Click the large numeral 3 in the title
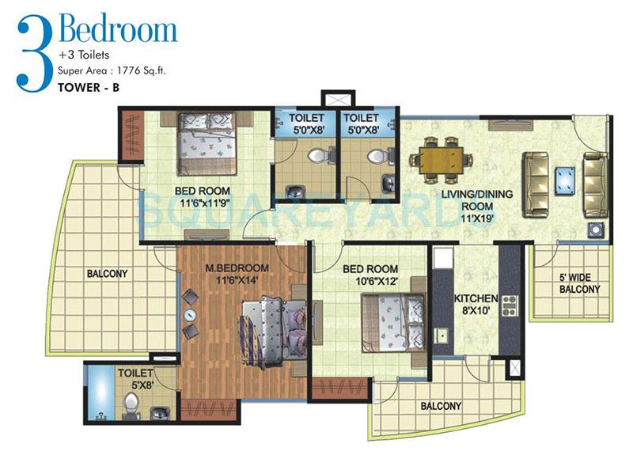pos(33,51)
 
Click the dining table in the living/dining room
pos(438,157)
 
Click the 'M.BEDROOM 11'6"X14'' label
pos(237,274)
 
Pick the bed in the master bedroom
pos(271,323)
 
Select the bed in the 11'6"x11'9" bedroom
pos(207,142)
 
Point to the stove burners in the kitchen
pos(509,305)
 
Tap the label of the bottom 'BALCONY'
pos(441,406)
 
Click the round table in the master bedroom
pos(191,314)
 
